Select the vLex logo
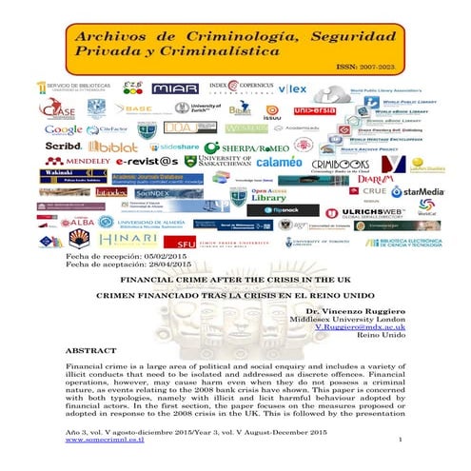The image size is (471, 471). (x=292, y=88)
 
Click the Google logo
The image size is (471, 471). (x=64, y=129)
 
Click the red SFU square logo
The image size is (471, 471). (x=185, y=242)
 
